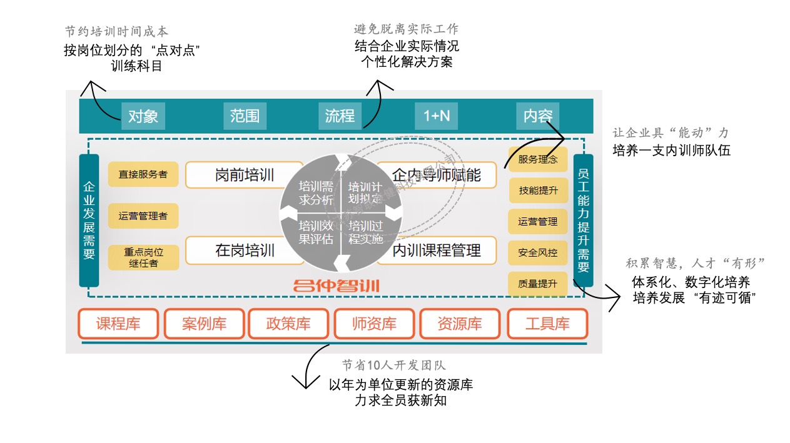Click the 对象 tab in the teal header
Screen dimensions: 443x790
pos(143,116)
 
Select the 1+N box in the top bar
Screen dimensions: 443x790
pos(437,116)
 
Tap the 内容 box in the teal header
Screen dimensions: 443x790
pos(538,116)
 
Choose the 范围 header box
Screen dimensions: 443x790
pos(244,116)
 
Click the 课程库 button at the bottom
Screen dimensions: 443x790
pos(118,324)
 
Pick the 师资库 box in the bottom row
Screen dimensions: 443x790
pos(374,324)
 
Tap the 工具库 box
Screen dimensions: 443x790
pos(547,324)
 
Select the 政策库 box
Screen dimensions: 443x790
pos(288,324)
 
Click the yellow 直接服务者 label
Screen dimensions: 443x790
pos(143,174)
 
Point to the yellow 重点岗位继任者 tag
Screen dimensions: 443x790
pos(143,257)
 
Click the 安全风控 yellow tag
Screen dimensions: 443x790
pos(538,253)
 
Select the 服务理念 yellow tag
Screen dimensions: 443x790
pos(538,159)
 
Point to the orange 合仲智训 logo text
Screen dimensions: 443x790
pos(337,286)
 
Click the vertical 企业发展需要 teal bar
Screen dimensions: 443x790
pos(89,220)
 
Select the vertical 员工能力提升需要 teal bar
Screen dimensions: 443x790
pos(583,220)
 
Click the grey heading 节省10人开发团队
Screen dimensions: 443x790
pos(393,366)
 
